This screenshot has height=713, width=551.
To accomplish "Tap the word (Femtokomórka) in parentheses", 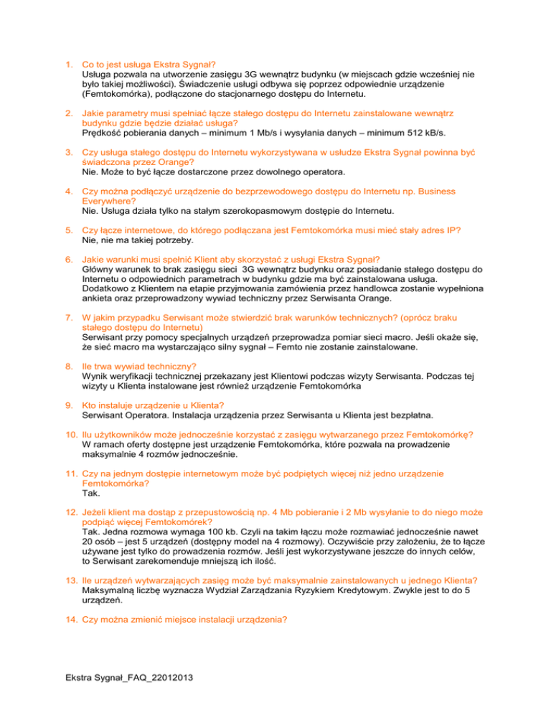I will click(x=119, y=93).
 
